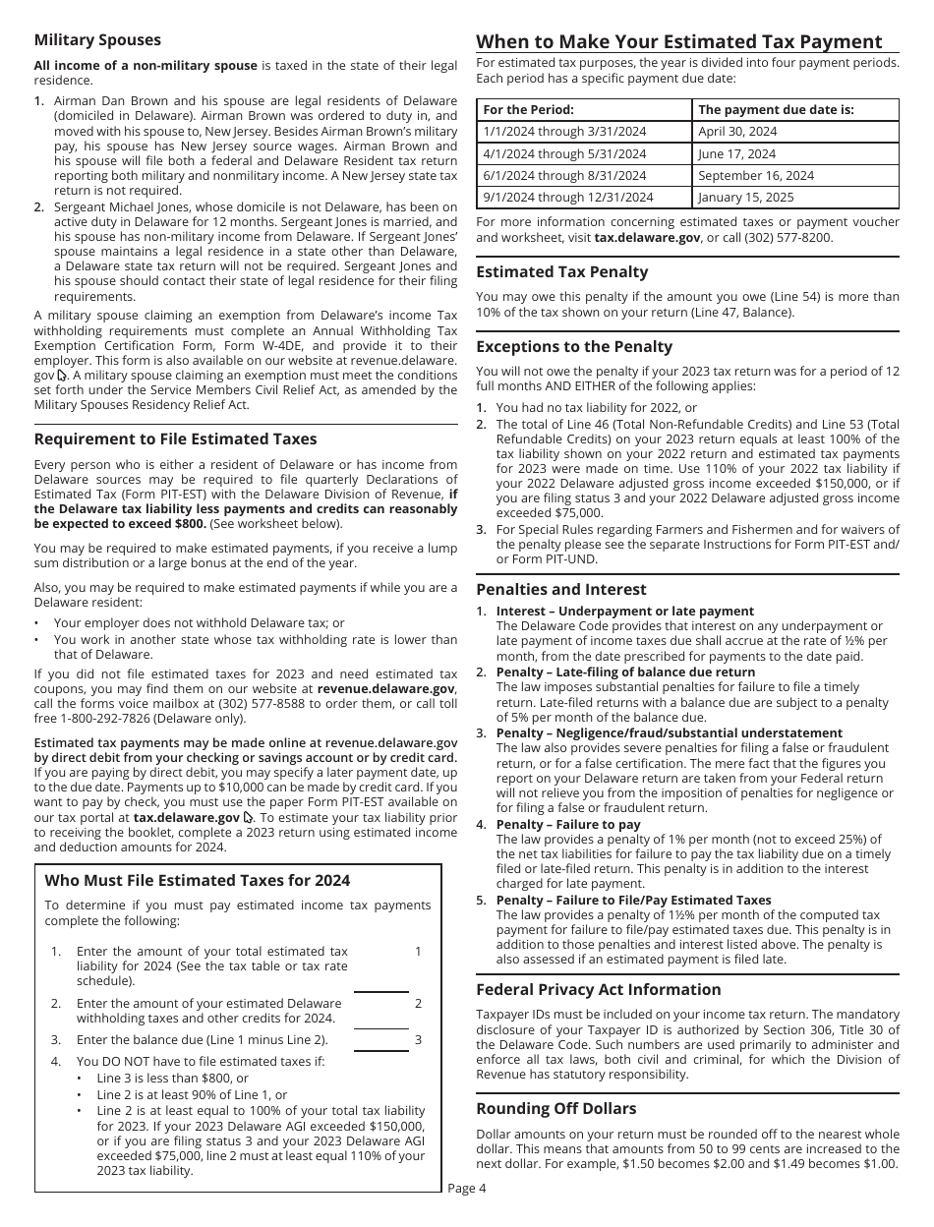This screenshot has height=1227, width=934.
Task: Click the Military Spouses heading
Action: [x=97, y=40]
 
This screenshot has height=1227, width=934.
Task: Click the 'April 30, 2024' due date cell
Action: [x=737, y=131]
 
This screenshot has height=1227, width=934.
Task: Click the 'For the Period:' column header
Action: [x=528, y=109]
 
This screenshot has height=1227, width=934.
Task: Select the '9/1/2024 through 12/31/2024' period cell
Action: [x=567, y=197]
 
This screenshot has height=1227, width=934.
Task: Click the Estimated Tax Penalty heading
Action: [x=561, y=271]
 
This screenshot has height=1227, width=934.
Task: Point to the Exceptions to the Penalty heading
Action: [x=574, y=346]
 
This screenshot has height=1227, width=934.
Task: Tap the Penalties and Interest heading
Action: [x=560, y=589]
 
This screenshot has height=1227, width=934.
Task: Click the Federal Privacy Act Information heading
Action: [x=598, y=989]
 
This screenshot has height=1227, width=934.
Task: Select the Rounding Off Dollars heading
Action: [x=555, y=1108]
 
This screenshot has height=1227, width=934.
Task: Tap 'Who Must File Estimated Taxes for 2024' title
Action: [x=197, y=880]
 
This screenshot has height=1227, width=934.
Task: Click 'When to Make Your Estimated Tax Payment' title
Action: [x=679, y=41]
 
